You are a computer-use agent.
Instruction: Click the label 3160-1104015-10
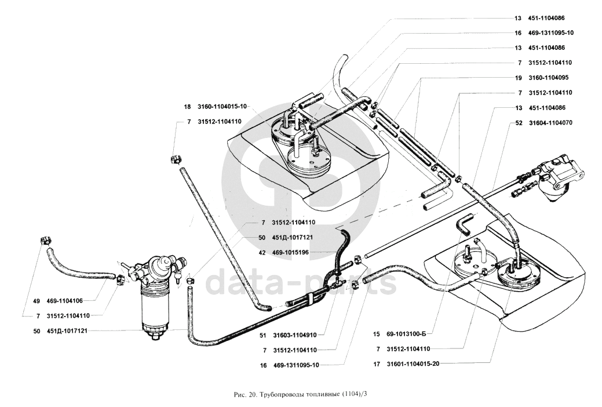tap(222, 107)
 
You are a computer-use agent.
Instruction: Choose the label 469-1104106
tap(64, 301)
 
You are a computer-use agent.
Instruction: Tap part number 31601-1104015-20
tap(413, 364)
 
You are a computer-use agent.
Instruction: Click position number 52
tap(519, 123)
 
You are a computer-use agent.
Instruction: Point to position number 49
tap(37, 301)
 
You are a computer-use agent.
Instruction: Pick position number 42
tap(262, 253)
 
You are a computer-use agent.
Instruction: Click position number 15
tap(376, 334)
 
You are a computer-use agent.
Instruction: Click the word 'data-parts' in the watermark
tap(301, 281)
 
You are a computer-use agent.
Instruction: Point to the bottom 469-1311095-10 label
tap(296, 365)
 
